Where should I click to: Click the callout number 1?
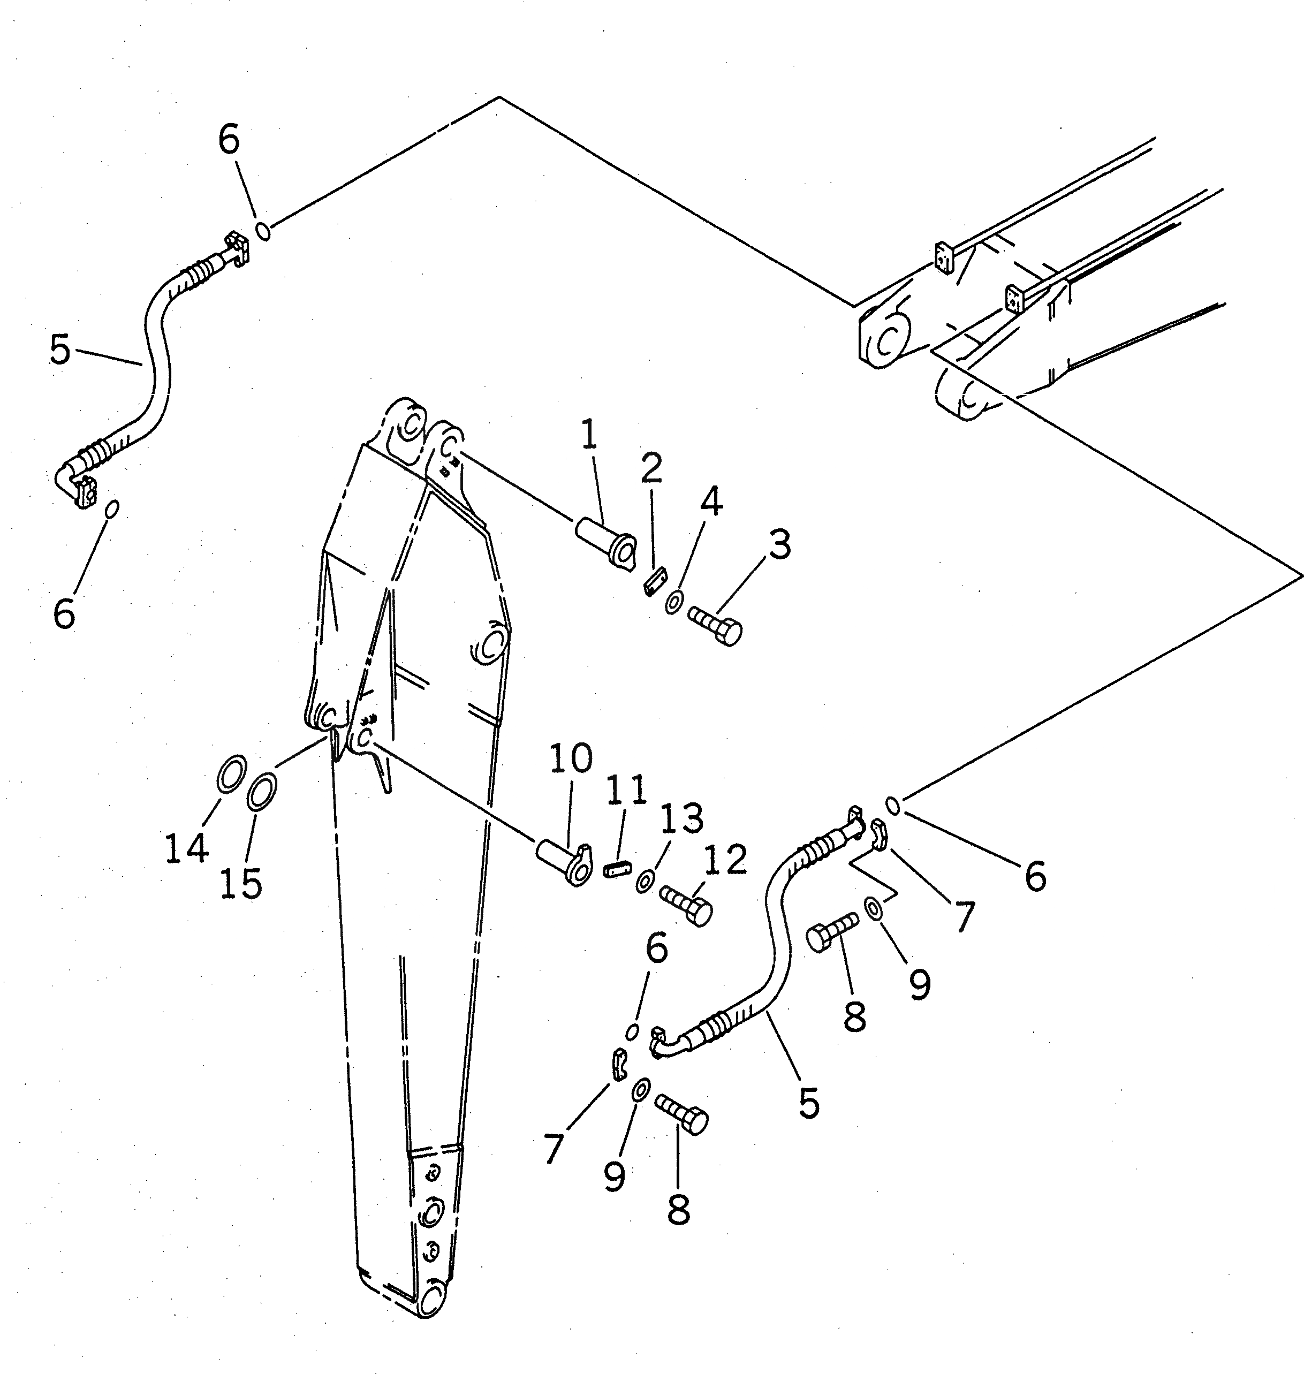pos(589,435)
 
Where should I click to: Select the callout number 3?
pos(780,544)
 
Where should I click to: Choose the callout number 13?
pos(682,819)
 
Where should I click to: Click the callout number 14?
pos(186,848)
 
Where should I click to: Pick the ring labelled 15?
pos(262,792)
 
